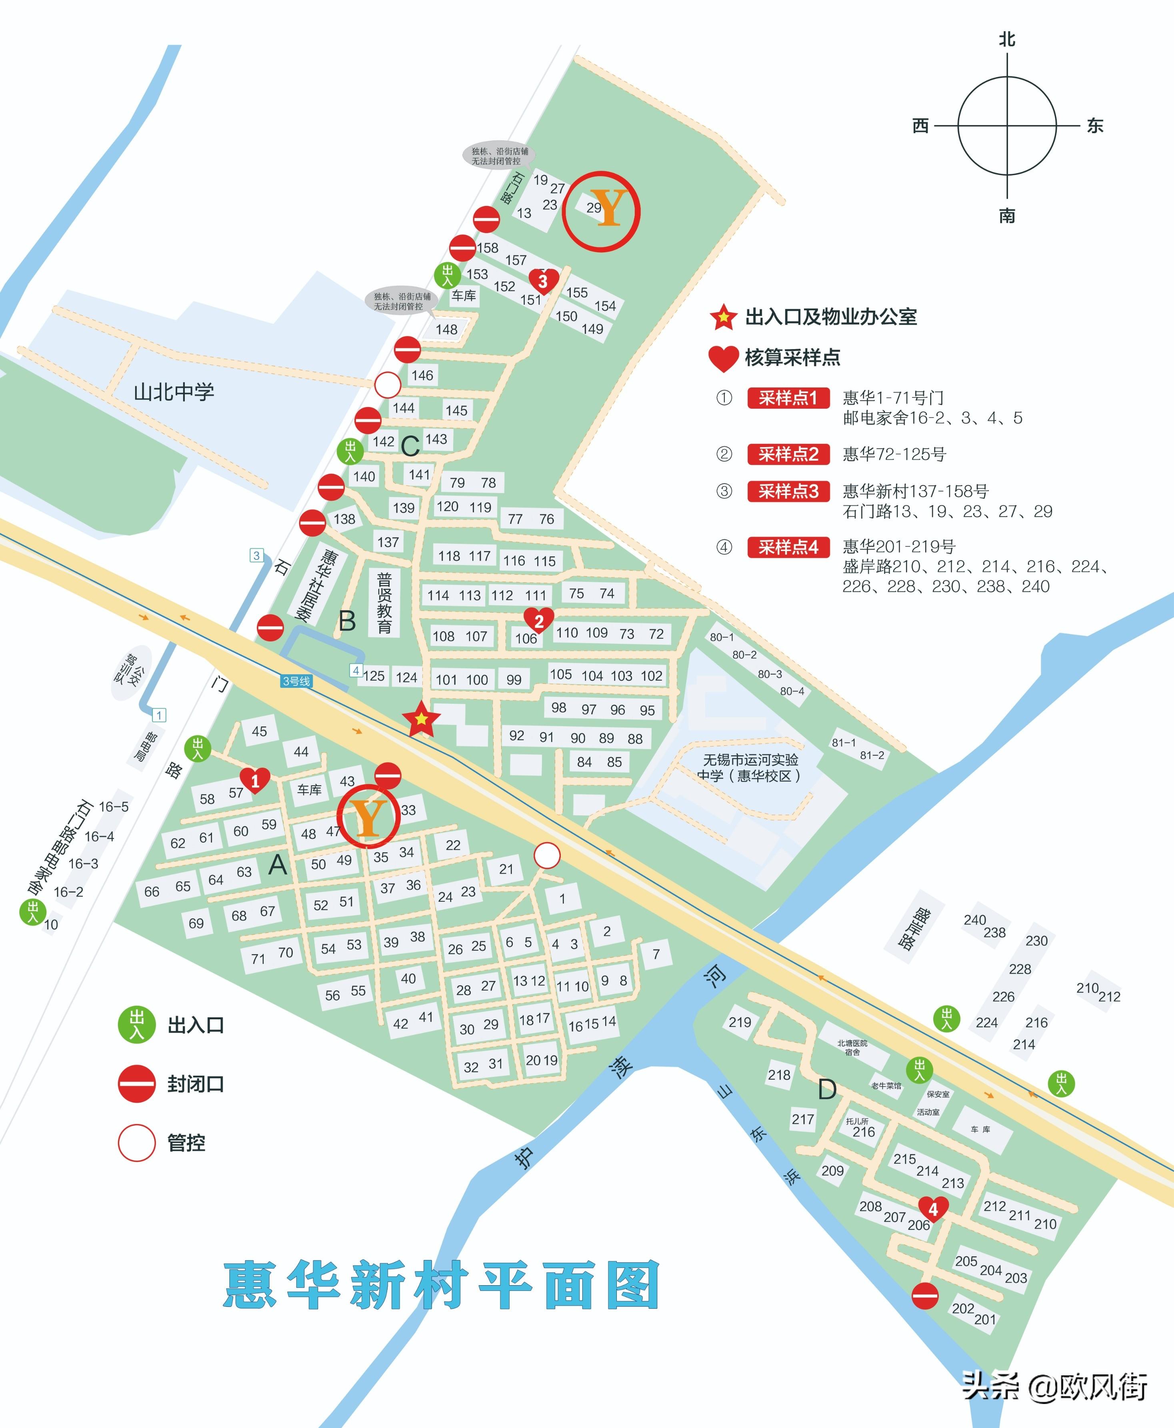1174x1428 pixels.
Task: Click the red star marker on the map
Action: (421, 719)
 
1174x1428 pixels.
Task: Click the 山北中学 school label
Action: (174, 392)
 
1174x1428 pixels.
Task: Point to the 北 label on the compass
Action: (1007, 39)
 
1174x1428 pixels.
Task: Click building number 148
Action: (446, 329)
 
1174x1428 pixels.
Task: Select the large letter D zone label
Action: (827, 1089)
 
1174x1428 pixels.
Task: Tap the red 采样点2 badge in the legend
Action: (788, 454)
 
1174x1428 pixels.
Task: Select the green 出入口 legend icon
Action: (137, 1025)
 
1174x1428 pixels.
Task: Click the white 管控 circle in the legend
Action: (137, 1142)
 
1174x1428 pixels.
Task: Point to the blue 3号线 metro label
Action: (296, 681)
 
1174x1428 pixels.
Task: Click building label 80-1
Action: (722, 637)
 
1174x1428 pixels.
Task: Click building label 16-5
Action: (114, 807)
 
